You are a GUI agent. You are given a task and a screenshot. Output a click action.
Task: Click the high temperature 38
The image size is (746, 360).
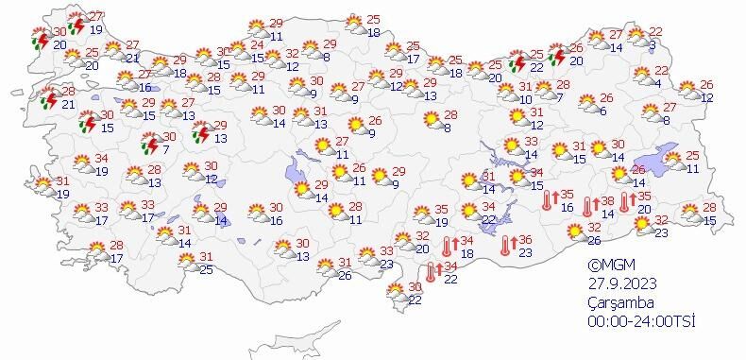[608, 200]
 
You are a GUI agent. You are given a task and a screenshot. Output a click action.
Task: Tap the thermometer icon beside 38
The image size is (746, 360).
[588, 206]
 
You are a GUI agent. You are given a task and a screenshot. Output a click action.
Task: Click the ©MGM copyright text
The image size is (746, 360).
[607, 266]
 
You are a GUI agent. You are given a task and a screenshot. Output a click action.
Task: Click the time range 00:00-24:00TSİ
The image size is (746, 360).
[640, 321]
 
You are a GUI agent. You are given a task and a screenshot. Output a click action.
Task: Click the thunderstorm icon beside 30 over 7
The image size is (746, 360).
[148, 145]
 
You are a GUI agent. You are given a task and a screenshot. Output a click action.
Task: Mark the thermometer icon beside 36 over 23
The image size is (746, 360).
[507, 246]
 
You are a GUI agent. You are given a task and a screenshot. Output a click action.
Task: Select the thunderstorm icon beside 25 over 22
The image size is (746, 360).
[517, 62]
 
